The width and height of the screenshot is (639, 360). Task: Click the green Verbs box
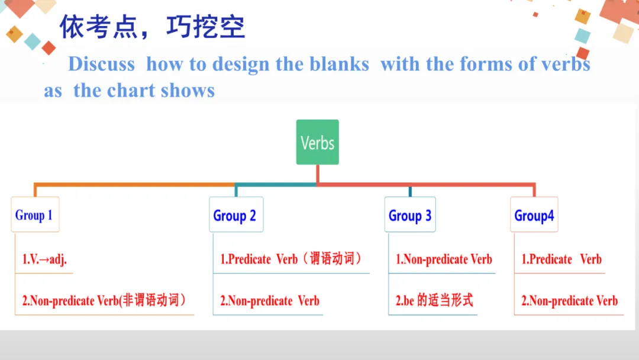[x=317, y=142]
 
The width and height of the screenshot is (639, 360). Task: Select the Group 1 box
[x=34, y=215]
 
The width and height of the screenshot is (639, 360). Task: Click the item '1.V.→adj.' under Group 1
[x=44, y=260]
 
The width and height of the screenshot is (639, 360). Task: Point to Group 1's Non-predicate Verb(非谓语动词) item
[x=104, y=300]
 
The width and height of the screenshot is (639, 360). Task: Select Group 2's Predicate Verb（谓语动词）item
[x=291, y=259]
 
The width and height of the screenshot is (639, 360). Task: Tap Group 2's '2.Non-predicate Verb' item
[x=270, y=301]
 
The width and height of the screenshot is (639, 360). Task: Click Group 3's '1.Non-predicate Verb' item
[x=444, y=259]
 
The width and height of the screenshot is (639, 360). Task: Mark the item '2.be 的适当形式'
[x=434, y=300]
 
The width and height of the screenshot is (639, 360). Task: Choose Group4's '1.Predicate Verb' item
[x=561, y=259]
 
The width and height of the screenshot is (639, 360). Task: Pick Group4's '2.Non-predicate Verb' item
[x=569, y=301]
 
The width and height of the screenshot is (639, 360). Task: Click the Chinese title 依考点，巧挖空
[x=153, y=27]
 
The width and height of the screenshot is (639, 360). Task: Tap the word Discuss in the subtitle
[x=101, y=64]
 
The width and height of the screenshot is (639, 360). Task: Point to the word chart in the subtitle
[x=131, y=91]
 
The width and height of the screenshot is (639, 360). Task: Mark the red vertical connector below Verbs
[x=318, y=174]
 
